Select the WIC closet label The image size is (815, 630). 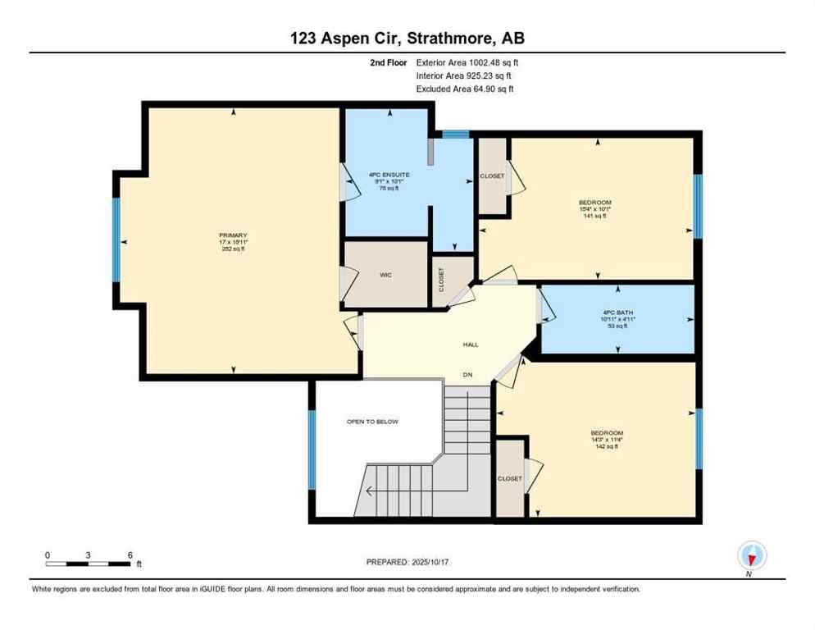click(385, 275)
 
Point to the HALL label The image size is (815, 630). click(471, 345)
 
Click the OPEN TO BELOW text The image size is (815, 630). click(372, 422)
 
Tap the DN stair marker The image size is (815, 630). click(467, 375)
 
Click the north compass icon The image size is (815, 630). click(750, 555)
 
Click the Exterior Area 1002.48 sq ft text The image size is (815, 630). click(467, 62)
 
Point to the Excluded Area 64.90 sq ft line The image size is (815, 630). click(465, 89)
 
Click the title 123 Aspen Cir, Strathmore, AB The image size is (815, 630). click(407, 39)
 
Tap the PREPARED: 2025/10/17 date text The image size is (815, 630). click(407, 562)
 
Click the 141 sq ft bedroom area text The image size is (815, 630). click(594, 217)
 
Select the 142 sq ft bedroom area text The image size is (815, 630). click(607, 447)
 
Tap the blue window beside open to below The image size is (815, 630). click(312, 449)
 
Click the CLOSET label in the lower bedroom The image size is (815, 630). click(509, 479)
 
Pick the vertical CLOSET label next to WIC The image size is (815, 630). click(441, 280)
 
